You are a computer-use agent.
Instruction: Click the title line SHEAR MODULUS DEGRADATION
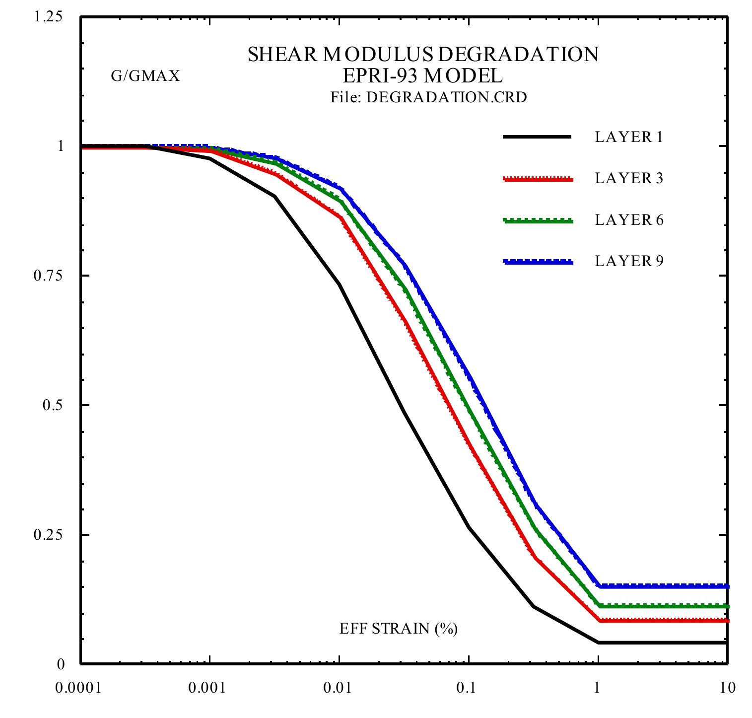423,55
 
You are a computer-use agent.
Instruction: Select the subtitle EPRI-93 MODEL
423,76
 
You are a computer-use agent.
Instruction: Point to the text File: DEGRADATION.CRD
428,97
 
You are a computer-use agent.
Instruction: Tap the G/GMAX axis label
145,76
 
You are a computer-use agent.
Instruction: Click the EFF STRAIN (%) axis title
398,629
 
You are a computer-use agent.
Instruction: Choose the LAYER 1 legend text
629,137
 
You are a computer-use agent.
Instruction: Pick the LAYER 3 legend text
629,178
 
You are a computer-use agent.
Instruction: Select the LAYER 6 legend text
629,220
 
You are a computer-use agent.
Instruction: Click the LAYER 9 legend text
629,261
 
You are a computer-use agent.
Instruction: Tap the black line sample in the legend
538,137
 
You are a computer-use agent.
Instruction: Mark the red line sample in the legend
538,179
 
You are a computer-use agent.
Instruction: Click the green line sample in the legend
538,220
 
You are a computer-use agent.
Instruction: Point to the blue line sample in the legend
538,262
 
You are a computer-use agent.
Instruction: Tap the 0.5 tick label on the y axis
51,405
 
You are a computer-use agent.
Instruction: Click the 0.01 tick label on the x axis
339,688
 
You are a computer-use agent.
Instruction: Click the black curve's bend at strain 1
599,642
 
